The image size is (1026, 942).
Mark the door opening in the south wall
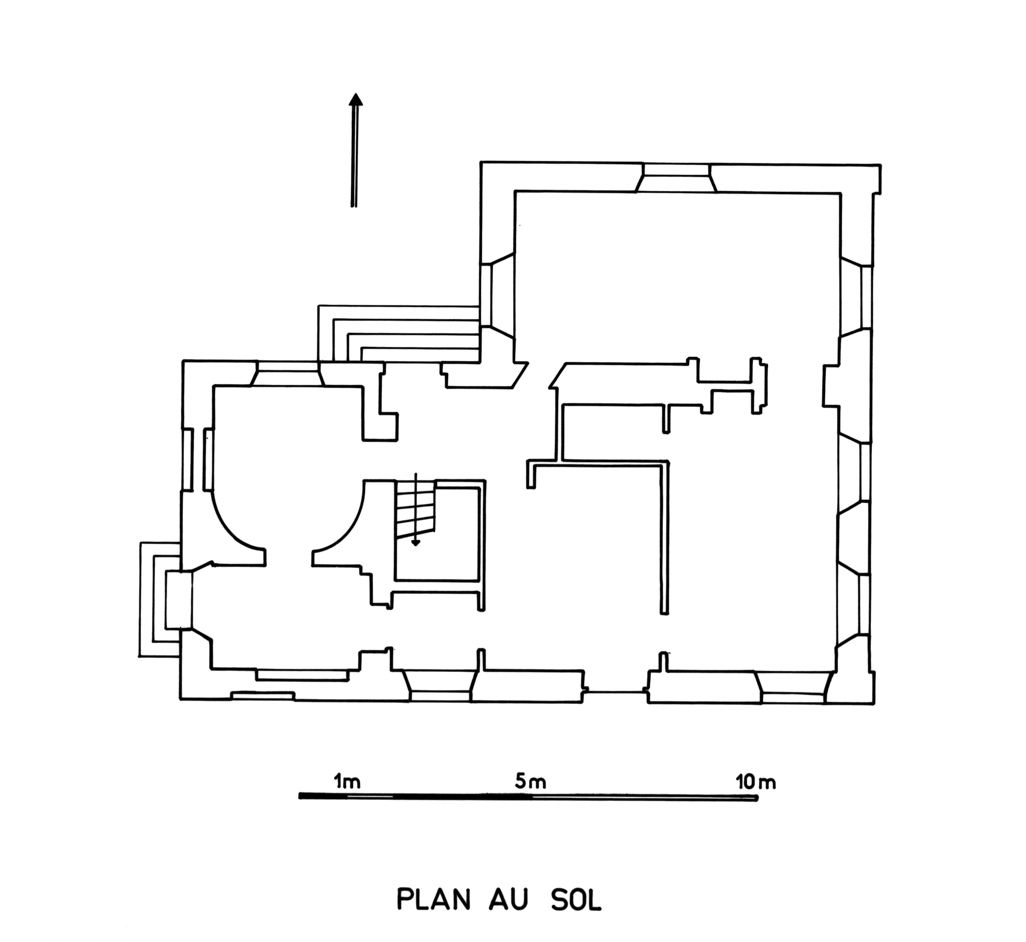616,692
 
